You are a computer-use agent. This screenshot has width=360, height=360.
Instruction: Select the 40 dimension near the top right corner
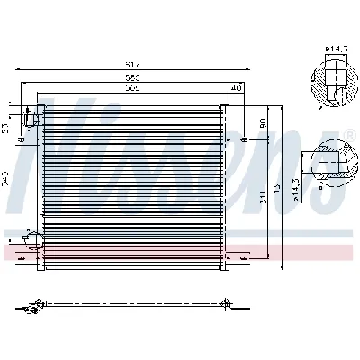(x=237, y=87)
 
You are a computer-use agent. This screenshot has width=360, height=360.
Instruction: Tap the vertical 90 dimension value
(x=262, y=122)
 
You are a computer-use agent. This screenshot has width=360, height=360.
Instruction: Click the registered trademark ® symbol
(x=348, y=135)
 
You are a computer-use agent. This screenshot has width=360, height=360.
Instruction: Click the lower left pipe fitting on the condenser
(x=33, y=239)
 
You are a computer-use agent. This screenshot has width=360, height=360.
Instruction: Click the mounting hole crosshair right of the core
(x=243, y=141)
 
